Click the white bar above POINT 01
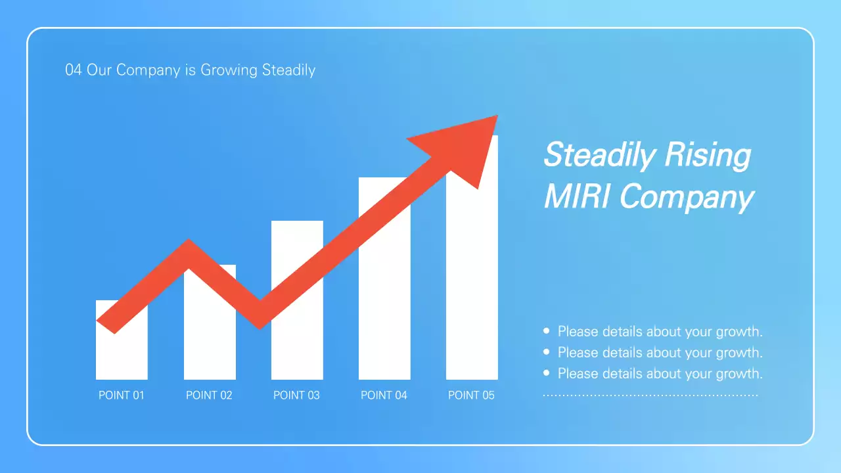(x=122, y=355)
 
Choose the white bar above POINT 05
(x=472, y=296)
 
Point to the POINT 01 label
(x=122, y=395)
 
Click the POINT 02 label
(x=209, y=395)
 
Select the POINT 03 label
(x=296, y=395)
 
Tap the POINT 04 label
(x=384, y=395)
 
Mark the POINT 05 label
(x=471, y=395)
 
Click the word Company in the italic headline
(x=686, y=196)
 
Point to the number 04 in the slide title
(x=73, y=70)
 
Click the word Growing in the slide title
(x=229, y=70)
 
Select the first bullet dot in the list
(x=547, y=331)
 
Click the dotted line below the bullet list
(x=650, y=395)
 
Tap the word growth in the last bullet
(x=738, y=373)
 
